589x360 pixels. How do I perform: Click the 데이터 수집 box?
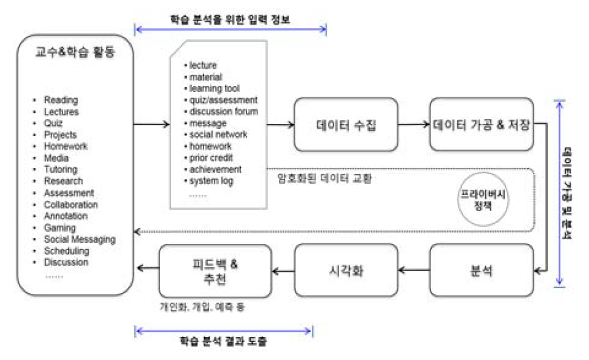pos(346,124)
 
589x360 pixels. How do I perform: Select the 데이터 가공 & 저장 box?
pos(481,124)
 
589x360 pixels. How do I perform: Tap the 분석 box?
pos(481,271)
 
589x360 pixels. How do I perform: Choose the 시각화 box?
pos(346,271)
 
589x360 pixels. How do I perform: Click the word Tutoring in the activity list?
pos(61,170)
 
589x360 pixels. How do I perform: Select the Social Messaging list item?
pos(80,239)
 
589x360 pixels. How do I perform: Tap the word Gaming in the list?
pos(60,228)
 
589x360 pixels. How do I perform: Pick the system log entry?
pos(211,181)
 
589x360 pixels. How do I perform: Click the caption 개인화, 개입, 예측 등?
pos(202,307)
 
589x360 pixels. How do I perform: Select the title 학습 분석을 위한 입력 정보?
pos(230,20)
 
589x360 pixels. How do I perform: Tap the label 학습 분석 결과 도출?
pos(223,342)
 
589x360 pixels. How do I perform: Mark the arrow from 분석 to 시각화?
pos(414,271)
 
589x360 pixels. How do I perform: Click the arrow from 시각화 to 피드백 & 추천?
pos(283,271)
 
